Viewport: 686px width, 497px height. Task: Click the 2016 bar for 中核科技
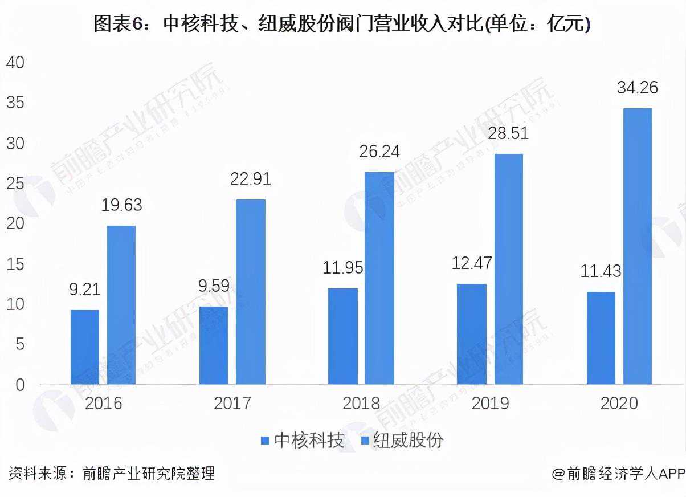(85, 347)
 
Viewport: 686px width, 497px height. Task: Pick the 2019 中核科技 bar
(472, 334)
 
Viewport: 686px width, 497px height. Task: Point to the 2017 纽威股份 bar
(251, 292)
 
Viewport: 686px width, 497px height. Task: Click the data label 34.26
(637, 88)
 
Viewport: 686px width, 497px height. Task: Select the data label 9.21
(85, 290)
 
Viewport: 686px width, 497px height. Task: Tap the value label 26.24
(379, 152)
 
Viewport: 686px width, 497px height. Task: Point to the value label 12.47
(472, 263)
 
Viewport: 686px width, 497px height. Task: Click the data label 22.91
(251, 179)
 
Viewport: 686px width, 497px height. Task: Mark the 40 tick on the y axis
(15, 63)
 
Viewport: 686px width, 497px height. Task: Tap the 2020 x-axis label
(619, 404)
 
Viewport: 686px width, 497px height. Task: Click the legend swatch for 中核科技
(264, 441)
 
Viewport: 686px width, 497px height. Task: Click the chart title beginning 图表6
(342, 24)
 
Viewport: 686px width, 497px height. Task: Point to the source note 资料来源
(112, 473)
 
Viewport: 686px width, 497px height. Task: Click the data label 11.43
(601, 271)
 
